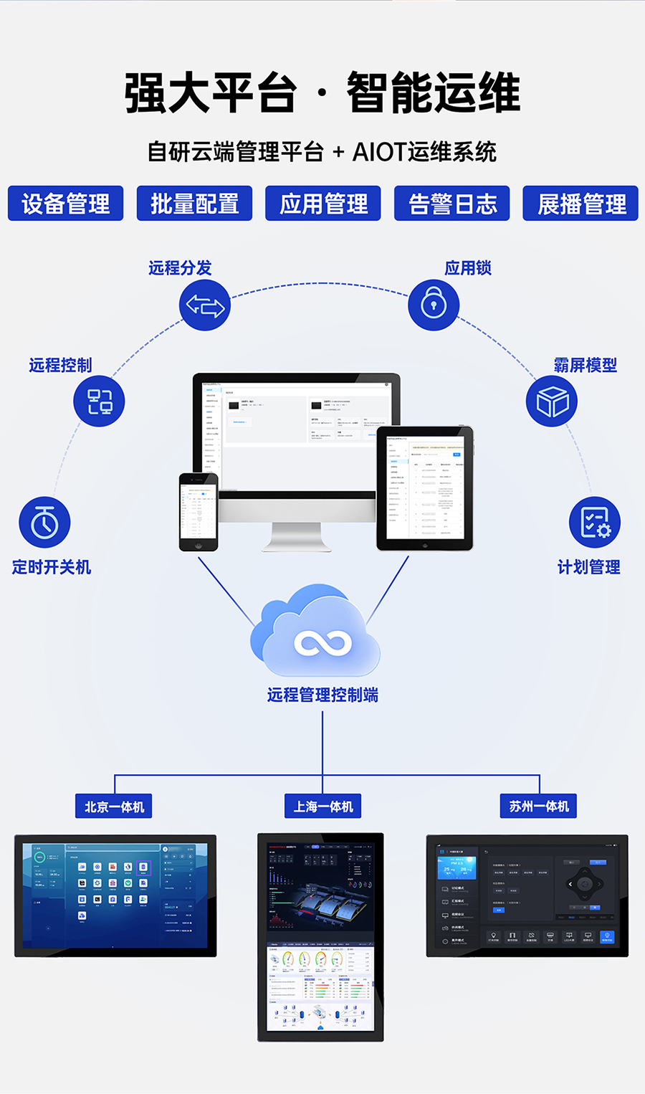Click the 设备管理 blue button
[x=65, y=204]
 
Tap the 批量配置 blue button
[x=194, y=204]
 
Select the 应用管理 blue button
[x=323, y=204]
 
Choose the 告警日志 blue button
[x=452, y=204]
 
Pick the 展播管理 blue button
[x=580, y=204]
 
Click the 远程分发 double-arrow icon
[x=205, y=305]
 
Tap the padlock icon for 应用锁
[x=434, y=304]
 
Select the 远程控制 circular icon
[x=99, y=401]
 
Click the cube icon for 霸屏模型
[x=552, y=401]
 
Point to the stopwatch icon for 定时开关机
[x=44, y=523]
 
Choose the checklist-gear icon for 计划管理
[x=594, y=522]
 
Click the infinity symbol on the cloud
[x=322, y=643]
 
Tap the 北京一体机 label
[x=114, y=807]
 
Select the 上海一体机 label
[x=323, y=807]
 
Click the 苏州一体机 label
[x=539, y=807]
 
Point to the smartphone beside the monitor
[x=199, y=512]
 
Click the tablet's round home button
[x=425, y=545]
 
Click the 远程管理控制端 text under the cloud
[x=322, y=695]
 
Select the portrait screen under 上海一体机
[x=320, y=937]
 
